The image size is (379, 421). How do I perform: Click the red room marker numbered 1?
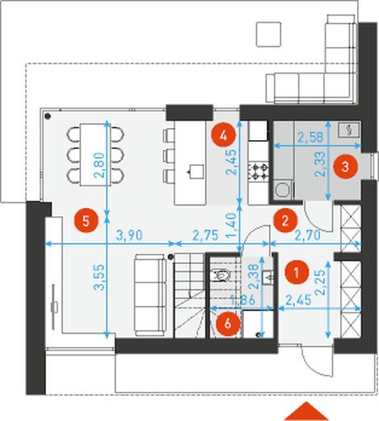pos(297,272)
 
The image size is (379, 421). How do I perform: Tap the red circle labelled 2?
pos(285,220)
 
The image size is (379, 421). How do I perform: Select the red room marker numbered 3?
pos(345,167)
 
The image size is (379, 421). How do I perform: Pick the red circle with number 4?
pos(223,136)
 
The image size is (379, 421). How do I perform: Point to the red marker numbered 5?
pos(86,221)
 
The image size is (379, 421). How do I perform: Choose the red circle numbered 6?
pos(228,324)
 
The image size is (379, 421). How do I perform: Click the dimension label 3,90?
pos(129,236)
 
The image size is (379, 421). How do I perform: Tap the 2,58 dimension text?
pos(310,138)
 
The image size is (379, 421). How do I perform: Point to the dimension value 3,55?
pos(99,277)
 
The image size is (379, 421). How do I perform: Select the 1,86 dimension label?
pos(242,300)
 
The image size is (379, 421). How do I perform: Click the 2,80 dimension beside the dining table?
pos(99,165)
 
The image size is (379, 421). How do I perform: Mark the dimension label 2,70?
pos(307,235)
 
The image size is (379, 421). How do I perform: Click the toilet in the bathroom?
pos(221,275)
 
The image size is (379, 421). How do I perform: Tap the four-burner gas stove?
pos(259,172)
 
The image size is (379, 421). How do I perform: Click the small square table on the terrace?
pos(268,35)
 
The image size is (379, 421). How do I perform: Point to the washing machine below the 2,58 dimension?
pos(283,189)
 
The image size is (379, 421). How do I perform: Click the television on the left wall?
pos(54,307)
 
